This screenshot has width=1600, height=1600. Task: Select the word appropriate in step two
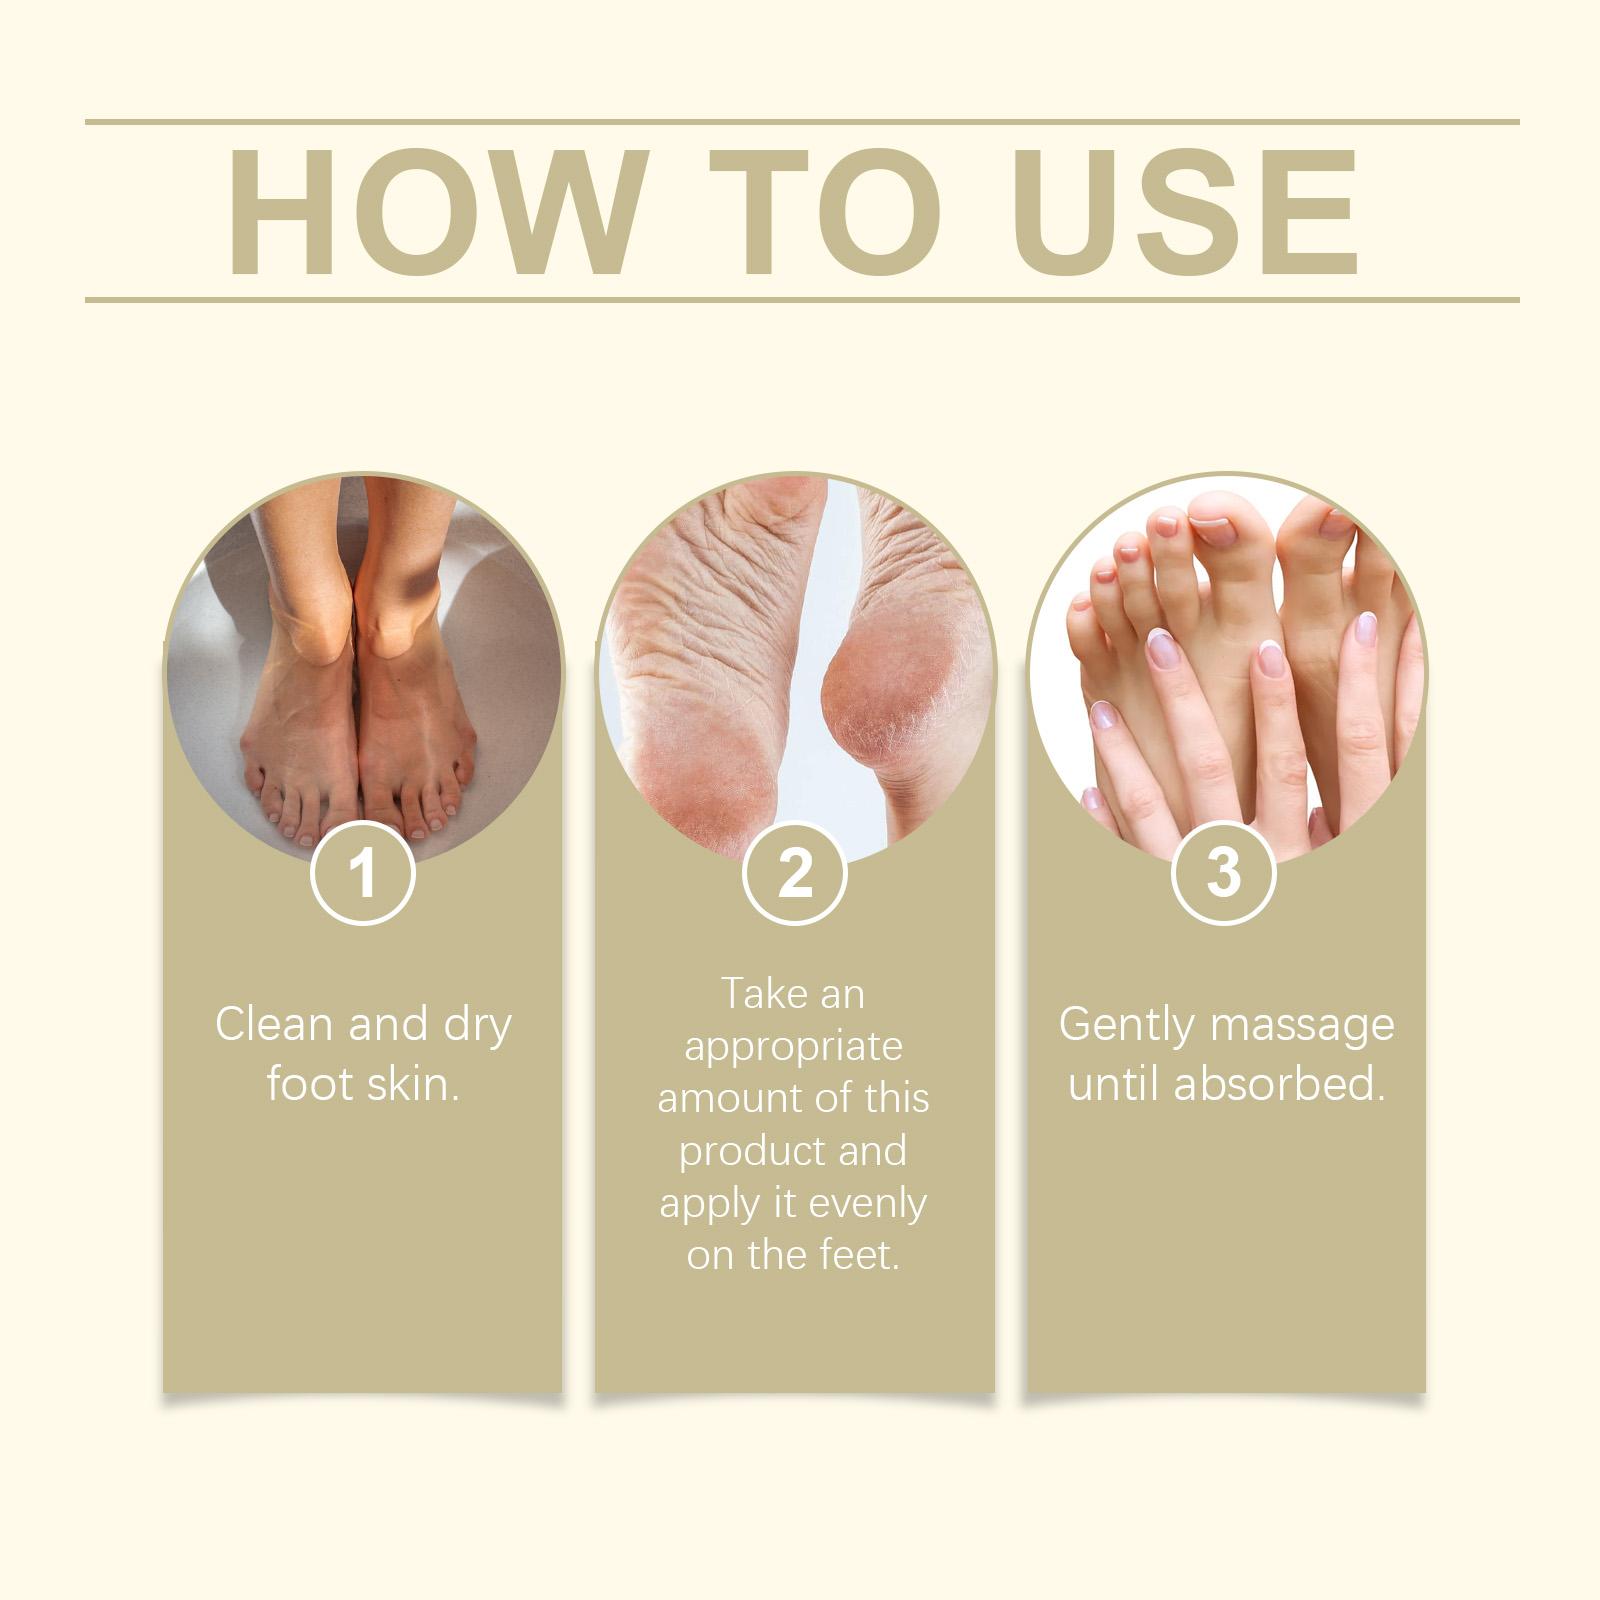pos(793,1046)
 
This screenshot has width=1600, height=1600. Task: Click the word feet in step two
pos(859,1254)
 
